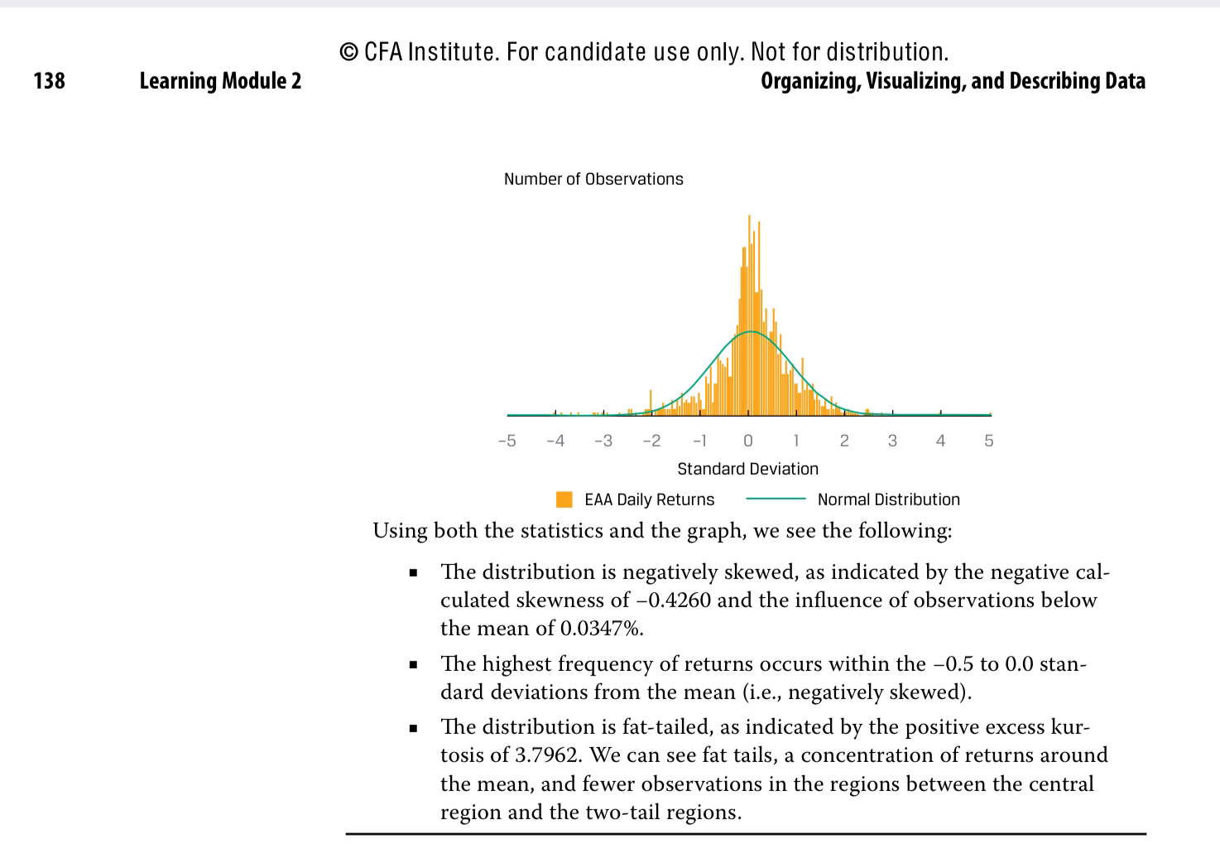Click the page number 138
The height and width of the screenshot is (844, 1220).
click(x=49, y=81)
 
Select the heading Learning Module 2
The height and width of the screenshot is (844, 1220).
click(x=220, y=81)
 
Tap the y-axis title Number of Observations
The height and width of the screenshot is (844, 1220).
click(x=593, y=179)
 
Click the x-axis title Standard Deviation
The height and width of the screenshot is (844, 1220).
click(x=747, y=469)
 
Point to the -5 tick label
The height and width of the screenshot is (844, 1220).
click(x=507, y=441)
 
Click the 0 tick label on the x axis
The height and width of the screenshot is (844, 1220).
click(x=748, y=441)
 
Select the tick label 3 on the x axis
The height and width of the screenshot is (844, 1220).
click(x=892, y=441)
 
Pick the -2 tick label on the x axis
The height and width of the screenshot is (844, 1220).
click(x=651, y=441)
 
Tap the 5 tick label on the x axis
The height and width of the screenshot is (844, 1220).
click(x=989, y=441)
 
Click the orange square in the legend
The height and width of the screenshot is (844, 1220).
click(x=564, y=499)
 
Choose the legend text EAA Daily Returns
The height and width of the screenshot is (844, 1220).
click(x=649, y=499)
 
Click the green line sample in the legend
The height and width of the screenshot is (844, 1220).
click(x=776, y=499)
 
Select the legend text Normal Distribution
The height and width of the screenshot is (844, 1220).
click(x=888, y=499)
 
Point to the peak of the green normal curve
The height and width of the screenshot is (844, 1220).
click(x=751, y=331)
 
